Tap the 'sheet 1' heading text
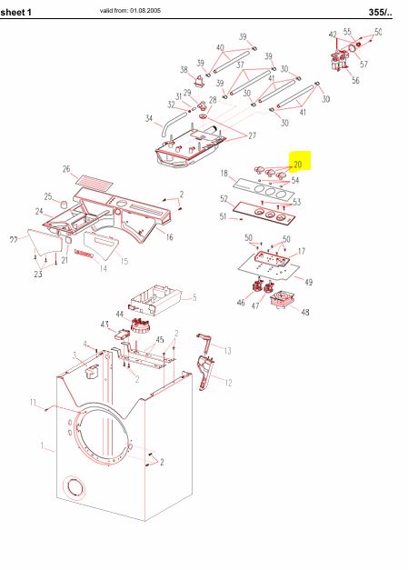coord(16,11)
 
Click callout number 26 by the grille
coord(66,169)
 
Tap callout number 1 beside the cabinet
coord(41,445)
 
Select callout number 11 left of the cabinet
coord(32,403)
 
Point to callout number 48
coord(304,313)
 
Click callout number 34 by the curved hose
coord(148,118)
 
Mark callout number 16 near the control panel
coord(169,237)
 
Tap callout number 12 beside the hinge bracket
coord(228,382)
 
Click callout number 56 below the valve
coord(355,81)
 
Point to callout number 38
coord(184,69)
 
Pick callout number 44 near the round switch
coord(119,314)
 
